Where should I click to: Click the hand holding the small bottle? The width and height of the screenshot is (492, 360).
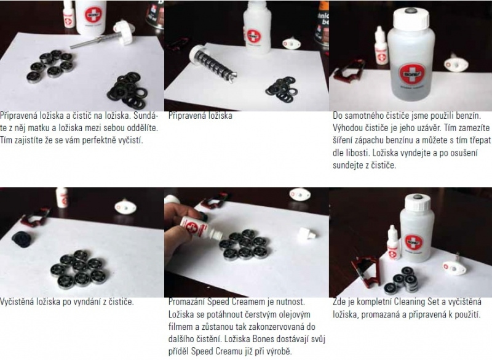click(x=180, y=231)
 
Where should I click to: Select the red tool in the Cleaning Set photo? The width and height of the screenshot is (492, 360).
click(x=365, y=271)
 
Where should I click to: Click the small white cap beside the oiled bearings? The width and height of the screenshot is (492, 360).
click(x=305, y=234)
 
